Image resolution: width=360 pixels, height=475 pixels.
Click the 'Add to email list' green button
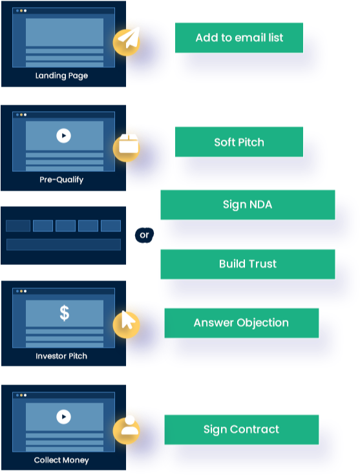pyautogui.click(x=238, y=37)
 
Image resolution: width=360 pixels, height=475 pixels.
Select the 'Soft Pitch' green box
pyautogui.click(x=238, y=142)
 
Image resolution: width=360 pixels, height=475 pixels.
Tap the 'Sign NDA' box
pyautogui.click(x=248, y=204)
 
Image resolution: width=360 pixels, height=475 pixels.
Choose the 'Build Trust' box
pyautogui.click(x=248, y=264)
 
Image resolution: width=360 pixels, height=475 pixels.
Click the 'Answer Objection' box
pyautogui.click(x=242, y=323)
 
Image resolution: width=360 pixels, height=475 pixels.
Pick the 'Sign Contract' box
pyautogui.click(x=242, y=430)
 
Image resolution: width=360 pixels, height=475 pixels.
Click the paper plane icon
pyautogui.click(x=129, y=38)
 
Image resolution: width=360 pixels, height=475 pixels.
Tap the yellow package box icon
pyautogui.click(x=129, y=143)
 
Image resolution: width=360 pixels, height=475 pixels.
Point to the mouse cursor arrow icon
pyautogui.click(x=128, y=320)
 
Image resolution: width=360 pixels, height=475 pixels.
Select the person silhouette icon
pyautogui.click(x=130, y=425)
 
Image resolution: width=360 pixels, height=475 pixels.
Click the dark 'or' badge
pyautogui.click(x=144, y=235)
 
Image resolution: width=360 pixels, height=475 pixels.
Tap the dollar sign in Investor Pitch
pyautogui.click(x=64, y=313)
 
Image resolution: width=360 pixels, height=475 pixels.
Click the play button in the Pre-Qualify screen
pyautogui.click(x=63, y=136)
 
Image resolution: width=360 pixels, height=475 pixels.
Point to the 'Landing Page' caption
pyautogui.click(x=61, y=76)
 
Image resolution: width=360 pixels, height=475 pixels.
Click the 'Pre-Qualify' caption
pyautogui.click(x=61, y=180)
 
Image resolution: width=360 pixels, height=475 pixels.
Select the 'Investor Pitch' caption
pyautogui.click(x=61, y=356)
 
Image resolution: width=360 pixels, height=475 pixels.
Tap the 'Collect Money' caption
pyautogui.click(x=61, y=460)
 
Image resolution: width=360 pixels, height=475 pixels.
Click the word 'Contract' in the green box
pyautogui.click(x=255, y=429)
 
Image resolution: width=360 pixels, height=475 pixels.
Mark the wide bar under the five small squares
pyautogui.click(x=63, y=244)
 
